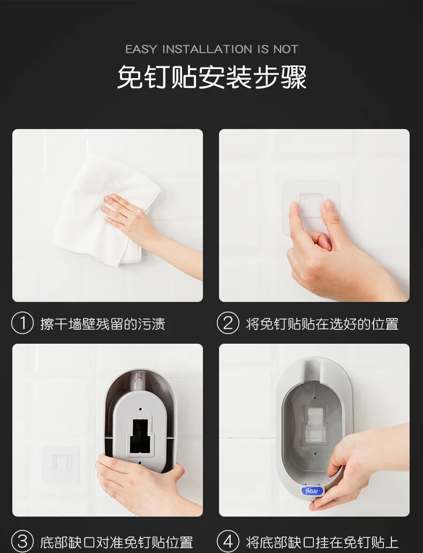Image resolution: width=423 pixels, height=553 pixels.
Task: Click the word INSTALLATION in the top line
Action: (207, 49)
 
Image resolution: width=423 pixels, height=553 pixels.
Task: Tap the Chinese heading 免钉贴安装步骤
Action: (211, 77)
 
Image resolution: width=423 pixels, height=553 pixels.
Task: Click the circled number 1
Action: (22, 323)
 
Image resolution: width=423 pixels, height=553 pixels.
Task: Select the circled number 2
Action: (228, 323)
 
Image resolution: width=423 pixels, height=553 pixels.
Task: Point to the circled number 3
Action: (22, 541)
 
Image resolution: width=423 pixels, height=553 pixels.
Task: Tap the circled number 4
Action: (228, 541)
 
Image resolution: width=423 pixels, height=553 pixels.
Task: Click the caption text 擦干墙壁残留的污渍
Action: (103, 324)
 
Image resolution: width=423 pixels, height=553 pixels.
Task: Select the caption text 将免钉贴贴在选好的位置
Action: (322, 324)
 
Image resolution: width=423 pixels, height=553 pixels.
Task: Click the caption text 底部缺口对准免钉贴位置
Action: (116, 542)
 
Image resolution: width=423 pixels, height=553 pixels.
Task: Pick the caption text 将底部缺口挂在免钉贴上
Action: (322, 542)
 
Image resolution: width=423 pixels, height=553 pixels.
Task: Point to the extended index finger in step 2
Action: (294, 221)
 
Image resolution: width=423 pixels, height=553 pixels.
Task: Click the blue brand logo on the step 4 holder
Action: (312, 490)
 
